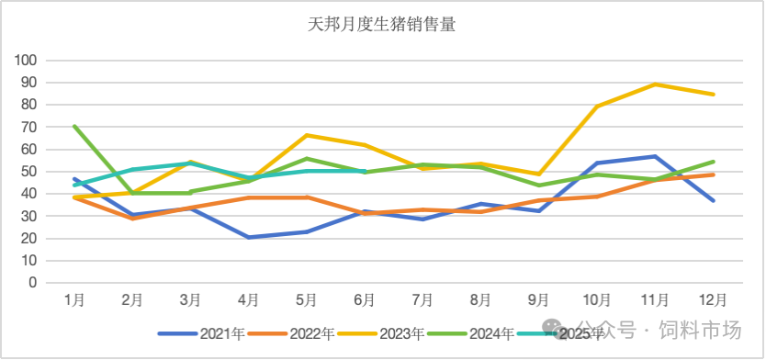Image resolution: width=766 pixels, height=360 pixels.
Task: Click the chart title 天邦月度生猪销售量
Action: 382,25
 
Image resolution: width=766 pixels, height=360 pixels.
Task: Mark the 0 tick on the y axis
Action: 32,283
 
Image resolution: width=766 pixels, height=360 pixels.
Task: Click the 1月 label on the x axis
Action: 74,300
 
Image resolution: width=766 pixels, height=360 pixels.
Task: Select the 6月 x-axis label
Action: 365,300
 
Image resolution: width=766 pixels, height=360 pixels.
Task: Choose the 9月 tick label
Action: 539,300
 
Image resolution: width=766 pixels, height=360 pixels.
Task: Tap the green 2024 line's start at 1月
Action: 74,126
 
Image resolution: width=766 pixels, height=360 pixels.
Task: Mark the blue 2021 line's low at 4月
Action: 249,237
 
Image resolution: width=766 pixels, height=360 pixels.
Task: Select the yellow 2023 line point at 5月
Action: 307,135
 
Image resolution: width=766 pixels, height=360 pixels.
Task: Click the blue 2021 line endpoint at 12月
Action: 714,200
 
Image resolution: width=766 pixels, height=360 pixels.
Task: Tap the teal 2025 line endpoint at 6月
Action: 365,171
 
